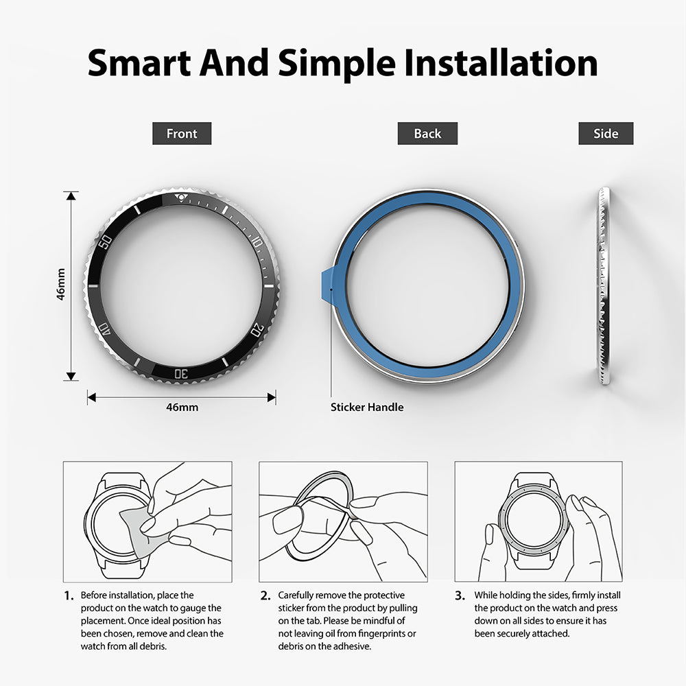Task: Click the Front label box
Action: pyautogui.click(x=182, y=134)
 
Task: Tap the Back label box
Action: pyautogui.click(x=427, y=134)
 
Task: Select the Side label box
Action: pyautogui.click(x=606, y=134)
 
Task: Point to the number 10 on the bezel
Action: pyautogui.click(x=257, y=241)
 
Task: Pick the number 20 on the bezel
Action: pyautogui.click(x=257, y=330)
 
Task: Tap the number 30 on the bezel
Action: pyautogui.click(x=181, y=372)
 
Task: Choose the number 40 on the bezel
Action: pyautogui.click(x=105, y=330)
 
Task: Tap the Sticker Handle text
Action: pyautogui.click(x=367, y=407)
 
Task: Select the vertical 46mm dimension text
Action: pyautogui.click(x=61, y=285)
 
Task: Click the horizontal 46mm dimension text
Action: pyautogui.click(x=182, y=407)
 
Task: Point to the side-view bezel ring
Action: pyautogui.click(x=603, y=285)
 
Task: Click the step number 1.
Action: pyautogui.click(x=68, y=596)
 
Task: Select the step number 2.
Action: pyautogui.click(x=265, y=596)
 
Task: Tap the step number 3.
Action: pyautogui.click(x=460, y=596)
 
